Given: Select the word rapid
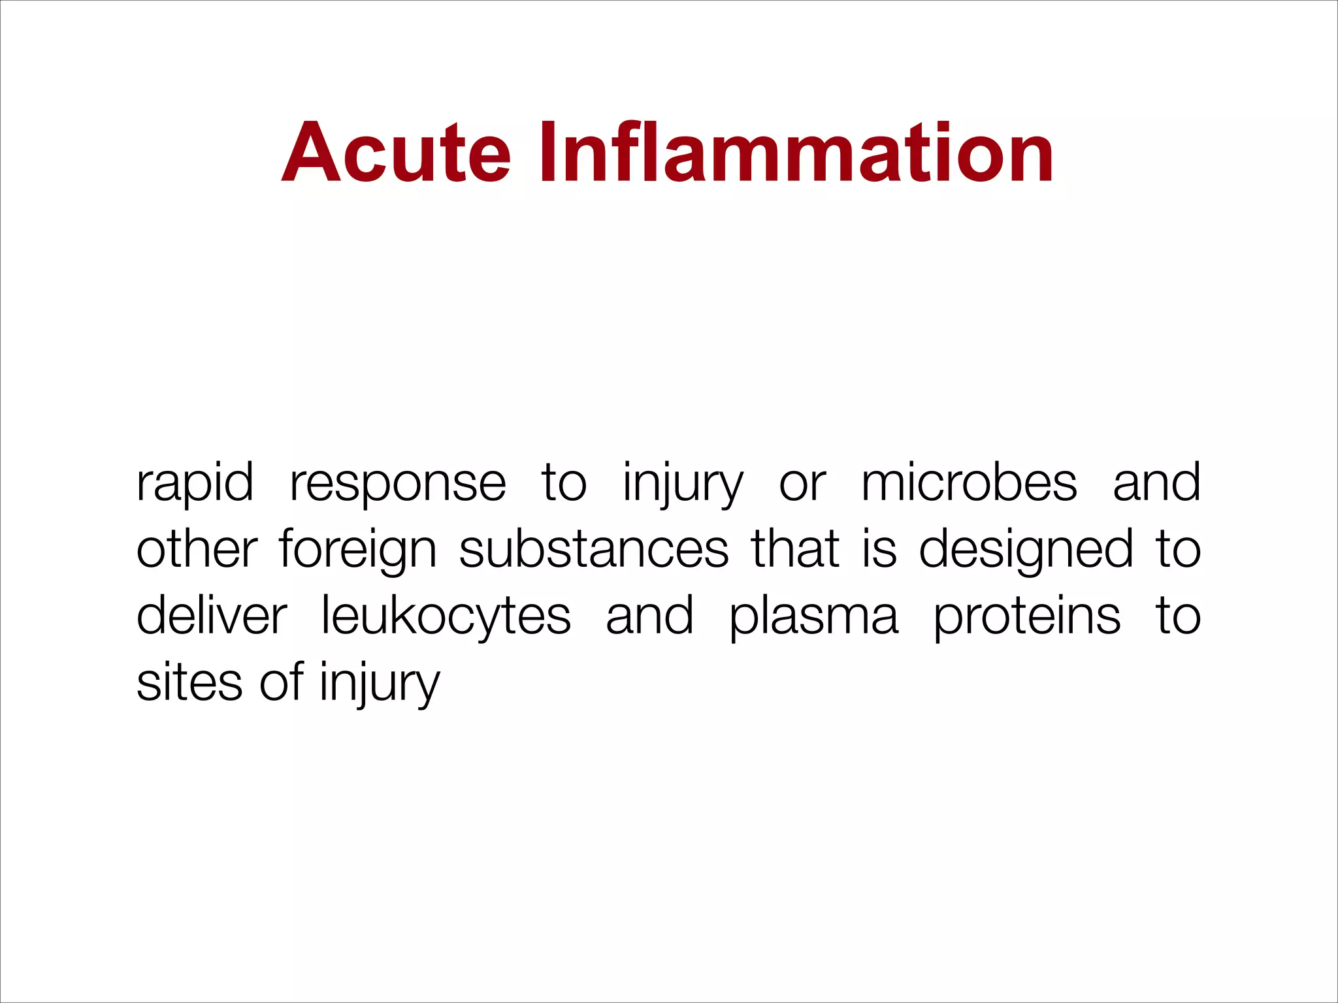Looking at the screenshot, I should [195, 483].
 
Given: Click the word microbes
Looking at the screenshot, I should [969, 483].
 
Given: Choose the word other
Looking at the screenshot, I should [197, 550].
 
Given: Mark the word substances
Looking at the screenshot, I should [594, 550].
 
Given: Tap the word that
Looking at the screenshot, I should [795, 550].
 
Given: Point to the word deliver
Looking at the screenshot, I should [212, 616].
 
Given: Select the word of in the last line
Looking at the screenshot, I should [282, 683].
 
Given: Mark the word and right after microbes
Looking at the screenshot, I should [1156, 483].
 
